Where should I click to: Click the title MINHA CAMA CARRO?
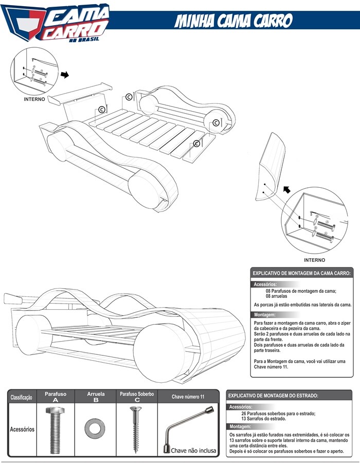pos(233,21)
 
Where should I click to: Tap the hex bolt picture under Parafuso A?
pos(56,430)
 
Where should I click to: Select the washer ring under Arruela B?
pos(95,428)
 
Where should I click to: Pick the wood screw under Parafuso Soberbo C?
pos(136,430)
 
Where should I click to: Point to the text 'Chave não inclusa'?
pos(193,451)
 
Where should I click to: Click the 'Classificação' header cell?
pos(21,397)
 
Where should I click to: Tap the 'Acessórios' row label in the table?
pos(22,429)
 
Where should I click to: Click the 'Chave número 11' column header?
pos(188,397)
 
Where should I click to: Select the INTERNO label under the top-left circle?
pos(34,99)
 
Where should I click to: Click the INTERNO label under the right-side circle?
pos(315,260)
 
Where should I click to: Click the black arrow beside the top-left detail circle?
pos(65,75)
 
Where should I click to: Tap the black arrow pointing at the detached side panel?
pos(287,189)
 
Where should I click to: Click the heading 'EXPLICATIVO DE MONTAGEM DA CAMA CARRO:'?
pos(301,273)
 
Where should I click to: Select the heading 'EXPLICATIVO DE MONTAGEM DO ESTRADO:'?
pos(273,396)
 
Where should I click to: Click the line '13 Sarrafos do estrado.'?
pos(264,419)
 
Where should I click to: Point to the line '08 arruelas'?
pos(276,296)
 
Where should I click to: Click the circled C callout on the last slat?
pos(196,144)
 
